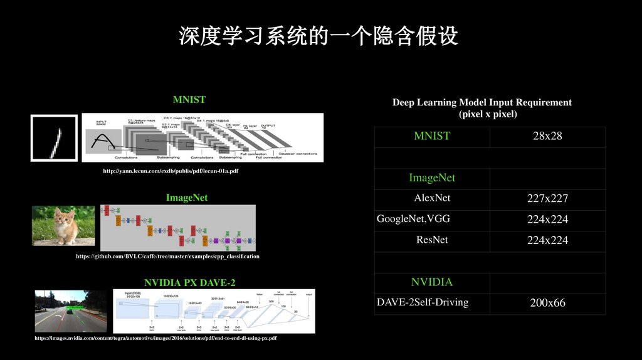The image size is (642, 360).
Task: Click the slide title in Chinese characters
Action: pyautogui.click(x=318, y=36)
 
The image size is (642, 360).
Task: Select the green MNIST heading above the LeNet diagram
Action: pyautogui.click(x=189, y=99)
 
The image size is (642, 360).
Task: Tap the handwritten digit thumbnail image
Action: pyautogui.click(x=54, y=138)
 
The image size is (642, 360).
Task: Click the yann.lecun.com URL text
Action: pyautogui.click(x=170, y=170)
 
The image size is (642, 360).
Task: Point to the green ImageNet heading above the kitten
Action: pyautogui.click(x=186, y=198)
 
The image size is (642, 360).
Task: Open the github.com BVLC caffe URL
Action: pyautogui.click(x=167, y=257)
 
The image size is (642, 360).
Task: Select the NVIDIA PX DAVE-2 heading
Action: pyautogui.click(x=190, y=282)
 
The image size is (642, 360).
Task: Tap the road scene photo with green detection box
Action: pyautogui.click(x=70, y=311)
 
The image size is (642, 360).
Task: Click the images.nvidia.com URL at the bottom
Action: pyautogui.click(x=155, y=338)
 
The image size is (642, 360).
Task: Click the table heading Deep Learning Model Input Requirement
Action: pyautogui.click(x=481, y=102)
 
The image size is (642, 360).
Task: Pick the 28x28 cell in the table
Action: pyautogui.click(x=547, y=136)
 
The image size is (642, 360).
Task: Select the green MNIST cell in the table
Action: pyautogui.click(x=432, y=136)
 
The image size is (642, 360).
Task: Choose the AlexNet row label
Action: pyautogui.click(x=432, y=198)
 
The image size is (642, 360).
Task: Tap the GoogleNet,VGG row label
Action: pyautogui.click(x=413, y=219)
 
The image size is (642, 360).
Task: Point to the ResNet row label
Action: pyautogui.click(x=432, y=240)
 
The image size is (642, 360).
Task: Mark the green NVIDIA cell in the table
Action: pyautogui.click(x=432, y=282)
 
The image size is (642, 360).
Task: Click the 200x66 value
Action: pyautogui.click(x=547, y=303)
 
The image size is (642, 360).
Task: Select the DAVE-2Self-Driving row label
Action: pyautogui.click(x=423, y=302)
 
